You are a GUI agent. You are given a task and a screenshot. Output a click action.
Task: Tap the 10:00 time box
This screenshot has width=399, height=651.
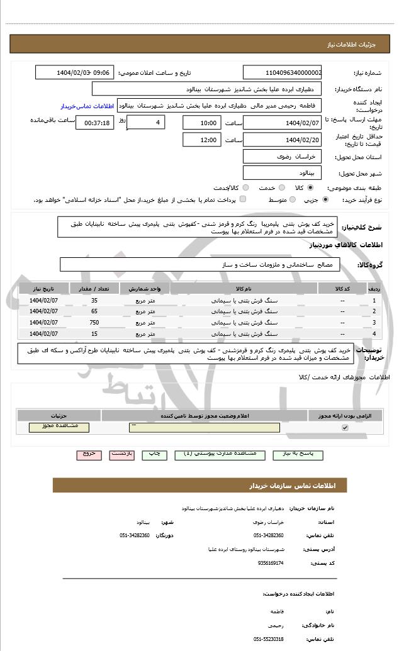pyautogui.click(x=201, y=123)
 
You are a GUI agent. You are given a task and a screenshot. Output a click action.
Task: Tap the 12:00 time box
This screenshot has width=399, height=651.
pyautogui.click(x=201, y=140)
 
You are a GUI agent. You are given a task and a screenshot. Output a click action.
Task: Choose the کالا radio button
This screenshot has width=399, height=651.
pyautogui.click(x=310, y=187)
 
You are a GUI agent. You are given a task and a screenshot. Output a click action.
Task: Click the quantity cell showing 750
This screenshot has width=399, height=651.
pyautogui.click(x=94, y=322)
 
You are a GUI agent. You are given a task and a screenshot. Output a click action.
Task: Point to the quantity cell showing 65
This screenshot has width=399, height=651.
pyautogui.click(x=94, y=311)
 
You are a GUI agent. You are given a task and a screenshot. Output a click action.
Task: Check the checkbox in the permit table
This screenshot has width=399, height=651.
pyautogui.click(x=344, y=428)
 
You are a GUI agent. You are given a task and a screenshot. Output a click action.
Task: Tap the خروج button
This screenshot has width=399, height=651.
pyautogui.click(x=89, y=453)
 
